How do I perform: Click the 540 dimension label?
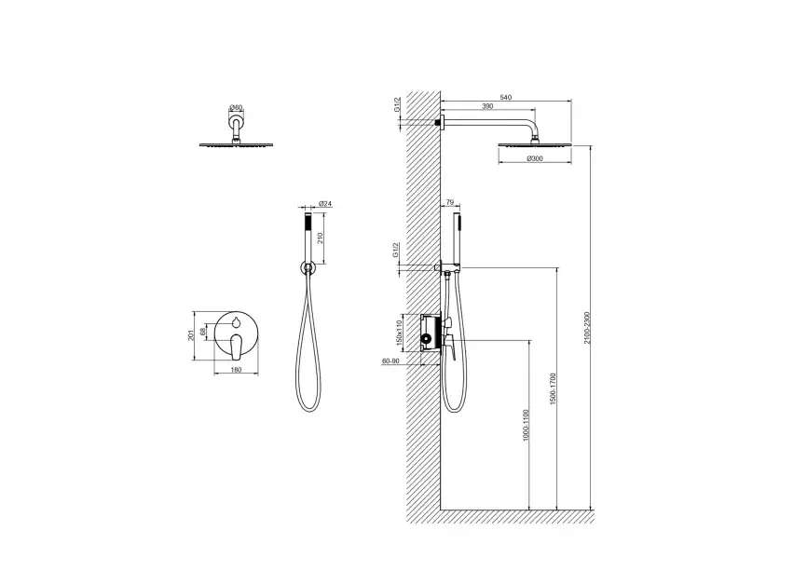(x=506, y=97)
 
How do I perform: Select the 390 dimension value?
(x=487, y=106)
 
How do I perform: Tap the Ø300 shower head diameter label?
(x=535, y=158)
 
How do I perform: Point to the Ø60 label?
(x=236, y=107)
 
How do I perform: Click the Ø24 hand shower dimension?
(x=325, y=204)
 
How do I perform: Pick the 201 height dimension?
(x=191, y=335)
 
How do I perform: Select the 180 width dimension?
(x=236, y=370)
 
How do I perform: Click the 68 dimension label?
(x=203, y=333)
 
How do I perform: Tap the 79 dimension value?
(x=449, y=201)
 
